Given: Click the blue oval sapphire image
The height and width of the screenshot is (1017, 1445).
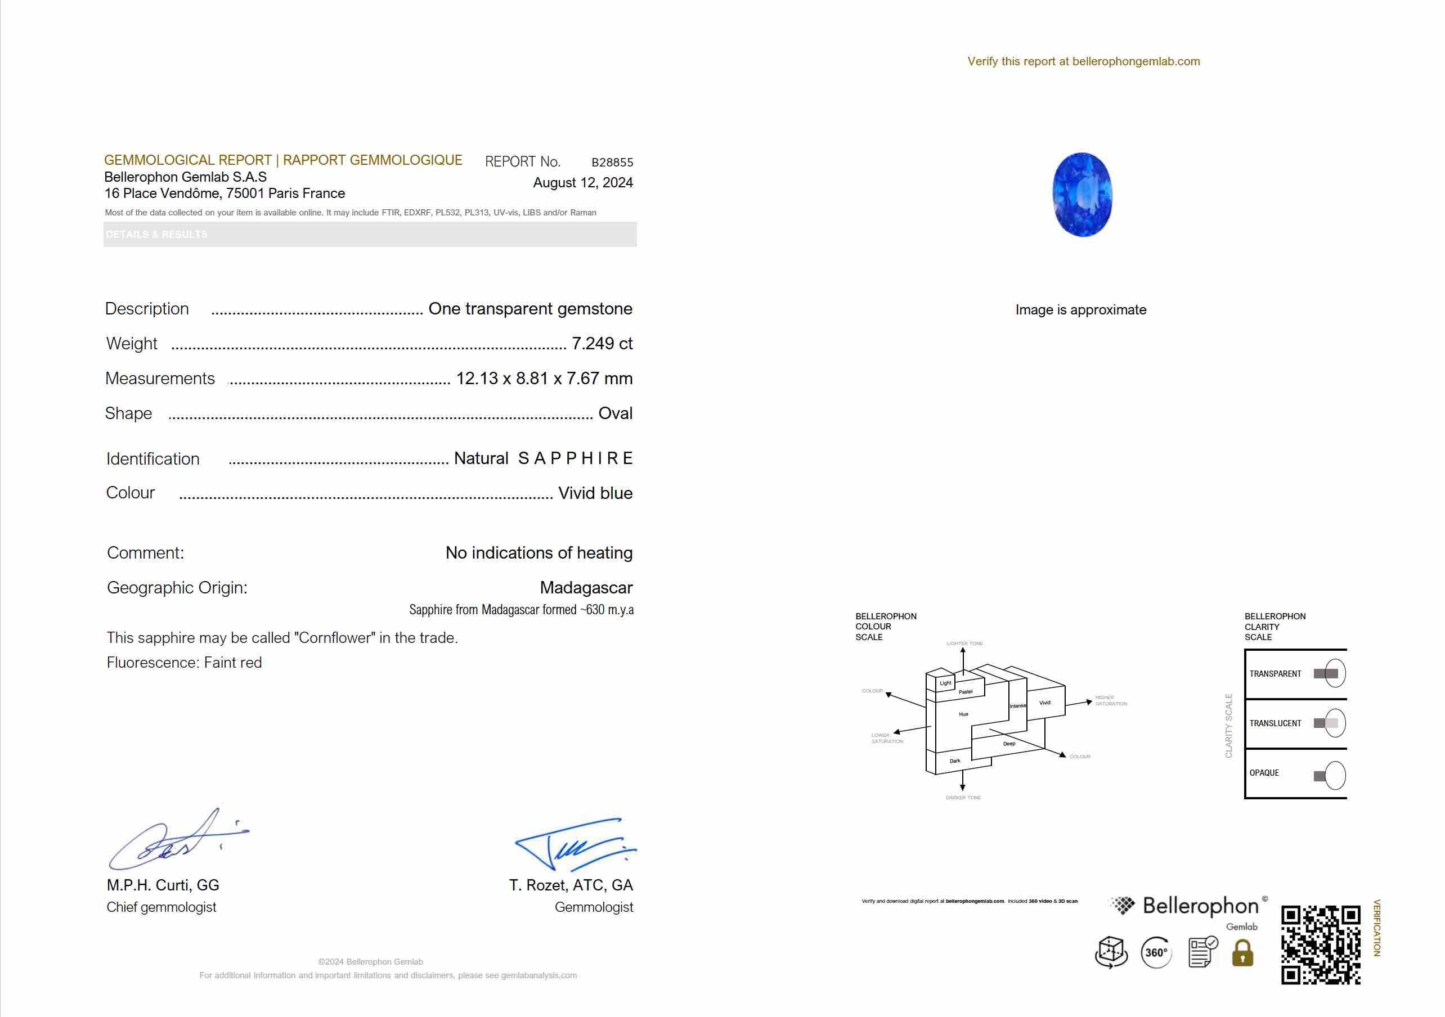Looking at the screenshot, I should pos(1082,195).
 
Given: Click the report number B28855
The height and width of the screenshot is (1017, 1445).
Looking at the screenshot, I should pos(612,163).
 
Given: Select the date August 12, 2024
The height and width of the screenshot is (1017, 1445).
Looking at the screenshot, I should pos(583,182).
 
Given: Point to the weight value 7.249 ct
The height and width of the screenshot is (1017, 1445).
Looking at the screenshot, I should pos(602,344).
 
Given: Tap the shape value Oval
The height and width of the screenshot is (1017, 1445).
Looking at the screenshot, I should pos(615,413).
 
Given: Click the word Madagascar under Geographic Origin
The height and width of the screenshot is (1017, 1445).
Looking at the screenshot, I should pos(586,588).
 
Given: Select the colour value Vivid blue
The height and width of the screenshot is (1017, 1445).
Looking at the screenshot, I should pos(595,493).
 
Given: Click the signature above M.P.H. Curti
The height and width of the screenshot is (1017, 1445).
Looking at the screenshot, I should pos(176,840).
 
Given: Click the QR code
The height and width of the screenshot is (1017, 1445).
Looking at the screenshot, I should pos(1321,944).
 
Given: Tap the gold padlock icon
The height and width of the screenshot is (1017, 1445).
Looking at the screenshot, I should pos(1242,953).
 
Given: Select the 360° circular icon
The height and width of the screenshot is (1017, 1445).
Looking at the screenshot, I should pos(1156,953).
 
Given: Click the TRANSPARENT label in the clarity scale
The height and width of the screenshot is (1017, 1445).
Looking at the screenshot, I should pos(1275,674).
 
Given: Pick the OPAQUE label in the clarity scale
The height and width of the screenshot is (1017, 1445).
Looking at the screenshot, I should pos(1264,773).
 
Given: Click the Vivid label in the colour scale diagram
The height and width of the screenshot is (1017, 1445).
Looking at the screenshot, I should pos(1045,703).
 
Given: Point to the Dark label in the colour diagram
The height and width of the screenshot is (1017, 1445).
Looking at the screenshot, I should pos(955,761).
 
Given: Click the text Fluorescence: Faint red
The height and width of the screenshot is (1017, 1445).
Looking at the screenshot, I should pos(185,663).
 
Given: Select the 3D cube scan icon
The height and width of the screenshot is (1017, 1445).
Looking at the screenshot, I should pos(1111,952).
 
